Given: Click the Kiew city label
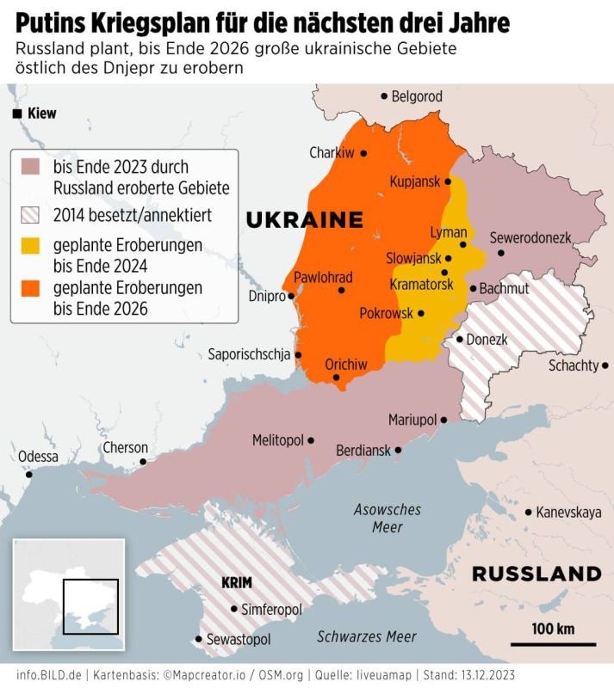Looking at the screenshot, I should [x=41, y=114].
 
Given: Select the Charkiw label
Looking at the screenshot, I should [x=332, y=153].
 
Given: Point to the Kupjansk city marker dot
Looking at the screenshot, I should [x=448, y=181].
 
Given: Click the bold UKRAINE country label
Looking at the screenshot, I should [x=304, y=220].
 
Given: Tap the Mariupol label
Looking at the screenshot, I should [x=412, y=421].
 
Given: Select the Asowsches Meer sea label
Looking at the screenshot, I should [x=388, y=519].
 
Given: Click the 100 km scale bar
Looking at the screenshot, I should [x=552, y=642].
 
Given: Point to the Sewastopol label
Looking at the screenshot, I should [x=239, y=640].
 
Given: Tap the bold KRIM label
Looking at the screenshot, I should [x=236, y=582].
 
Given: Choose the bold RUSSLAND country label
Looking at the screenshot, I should [x=536, y=574].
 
